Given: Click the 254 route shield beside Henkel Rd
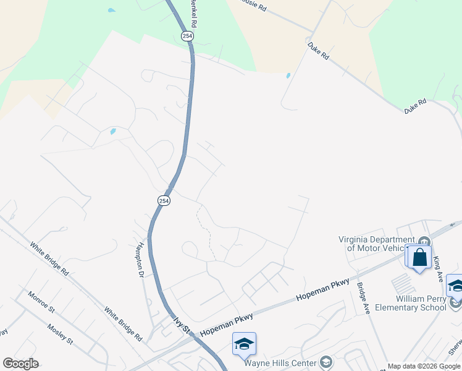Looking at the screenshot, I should click(188, 36).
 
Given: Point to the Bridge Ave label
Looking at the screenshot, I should click(362, 297).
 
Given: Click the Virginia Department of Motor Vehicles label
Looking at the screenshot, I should click(376, 244).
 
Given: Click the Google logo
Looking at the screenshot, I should click(20, 363).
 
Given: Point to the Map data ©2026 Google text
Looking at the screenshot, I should click(424, 366).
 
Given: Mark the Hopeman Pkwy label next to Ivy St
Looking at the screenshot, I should click(227, 326).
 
